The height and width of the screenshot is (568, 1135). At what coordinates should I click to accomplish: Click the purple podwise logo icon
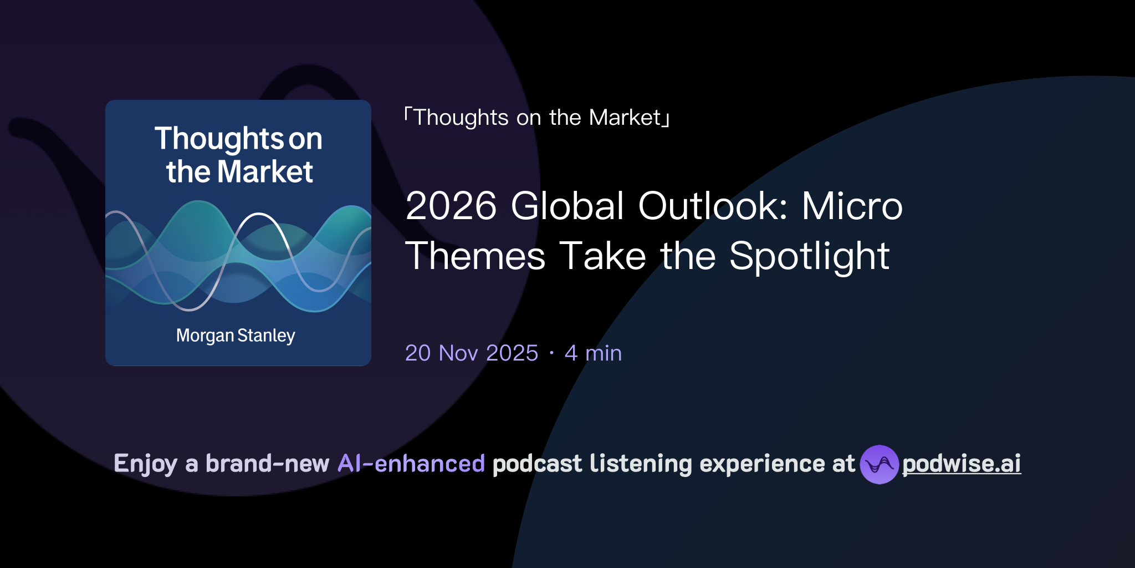(879, 464)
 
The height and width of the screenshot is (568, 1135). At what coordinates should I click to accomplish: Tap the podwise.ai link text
(962, 464)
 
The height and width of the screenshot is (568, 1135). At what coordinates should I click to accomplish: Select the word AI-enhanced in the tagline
(411, 464)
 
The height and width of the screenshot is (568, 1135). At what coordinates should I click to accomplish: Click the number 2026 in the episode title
(451, 206)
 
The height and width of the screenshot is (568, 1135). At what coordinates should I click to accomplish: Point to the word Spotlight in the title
(809, 257)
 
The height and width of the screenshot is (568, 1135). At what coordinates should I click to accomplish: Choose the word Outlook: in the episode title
(713, 206)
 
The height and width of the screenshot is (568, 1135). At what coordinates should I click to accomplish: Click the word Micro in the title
(852, 206)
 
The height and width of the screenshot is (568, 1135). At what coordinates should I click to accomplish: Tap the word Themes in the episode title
(476, 257)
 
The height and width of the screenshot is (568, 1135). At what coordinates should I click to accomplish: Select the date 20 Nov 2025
(472, 353)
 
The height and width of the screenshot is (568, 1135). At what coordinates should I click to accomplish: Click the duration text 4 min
(593, 353)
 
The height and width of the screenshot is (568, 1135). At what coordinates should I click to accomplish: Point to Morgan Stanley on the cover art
(236, 336)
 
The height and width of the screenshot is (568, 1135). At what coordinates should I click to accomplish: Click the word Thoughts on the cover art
(219, 138)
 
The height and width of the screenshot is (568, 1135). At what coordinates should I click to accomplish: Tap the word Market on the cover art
(265, 172)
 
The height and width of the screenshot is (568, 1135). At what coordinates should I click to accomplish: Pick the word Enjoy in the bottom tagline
(145, 464)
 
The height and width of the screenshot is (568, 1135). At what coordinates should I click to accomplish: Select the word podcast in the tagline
(537, 464)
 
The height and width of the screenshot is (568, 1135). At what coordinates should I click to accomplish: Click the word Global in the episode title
(567, 206)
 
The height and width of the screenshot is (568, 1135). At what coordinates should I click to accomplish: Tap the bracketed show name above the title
(537, 118)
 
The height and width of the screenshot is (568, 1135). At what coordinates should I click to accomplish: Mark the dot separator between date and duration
(551, 353)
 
